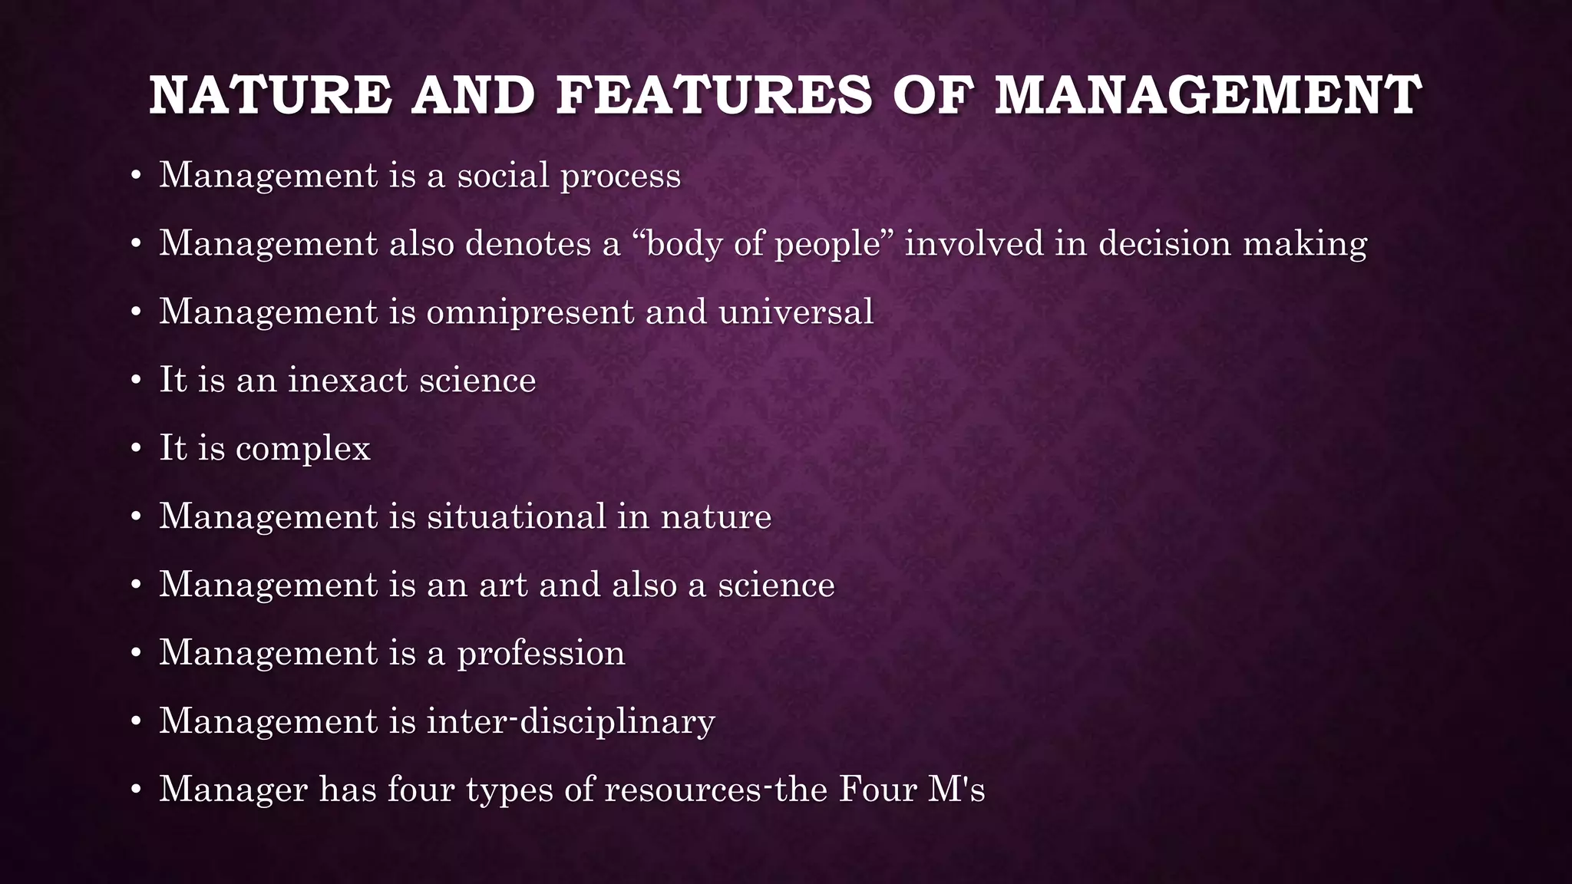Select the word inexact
347,380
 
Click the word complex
303,449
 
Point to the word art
504,585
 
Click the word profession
541,654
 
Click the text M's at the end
956,789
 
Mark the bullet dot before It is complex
136,449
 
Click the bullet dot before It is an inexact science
136,381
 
